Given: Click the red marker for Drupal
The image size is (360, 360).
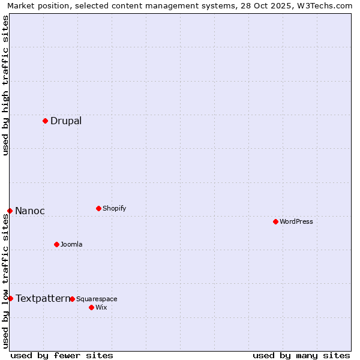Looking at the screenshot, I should pos(45,121).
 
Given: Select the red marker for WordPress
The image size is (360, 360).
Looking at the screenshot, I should pos(275,221).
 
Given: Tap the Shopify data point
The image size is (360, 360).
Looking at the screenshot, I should pos(98,208).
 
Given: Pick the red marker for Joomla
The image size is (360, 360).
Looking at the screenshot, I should pos(56,244).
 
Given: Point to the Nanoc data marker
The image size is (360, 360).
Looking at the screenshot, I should pos(10,211).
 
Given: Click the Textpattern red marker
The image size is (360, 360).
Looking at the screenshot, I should pos(10,298).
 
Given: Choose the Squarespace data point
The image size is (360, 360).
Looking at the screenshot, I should pos(72,299).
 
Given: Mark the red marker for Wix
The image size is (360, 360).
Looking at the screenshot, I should pos(91,307).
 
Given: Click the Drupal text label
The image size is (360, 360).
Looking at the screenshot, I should pos(66,121).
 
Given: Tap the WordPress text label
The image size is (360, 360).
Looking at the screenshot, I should pos(296,221).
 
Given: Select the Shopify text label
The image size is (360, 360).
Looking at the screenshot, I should pos(114,208).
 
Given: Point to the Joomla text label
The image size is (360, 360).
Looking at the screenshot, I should pos(71,244).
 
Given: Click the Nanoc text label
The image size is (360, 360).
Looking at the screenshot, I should pos(30,211).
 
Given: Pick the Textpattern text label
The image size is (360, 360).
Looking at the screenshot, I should pos(43,298).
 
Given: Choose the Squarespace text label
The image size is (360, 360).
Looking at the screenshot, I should pos(97,299).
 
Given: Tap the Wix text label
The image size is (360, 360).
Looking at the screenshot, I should pos(101,307).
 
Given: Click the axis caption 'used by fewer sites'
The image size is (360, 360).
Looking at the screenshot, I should pos(62,355).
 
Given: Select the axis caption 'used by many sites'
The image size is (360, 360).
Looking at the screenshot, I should pos(301,355).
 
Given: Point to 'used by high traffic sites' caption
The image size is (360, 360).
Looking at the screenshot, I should pos(5,85).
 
